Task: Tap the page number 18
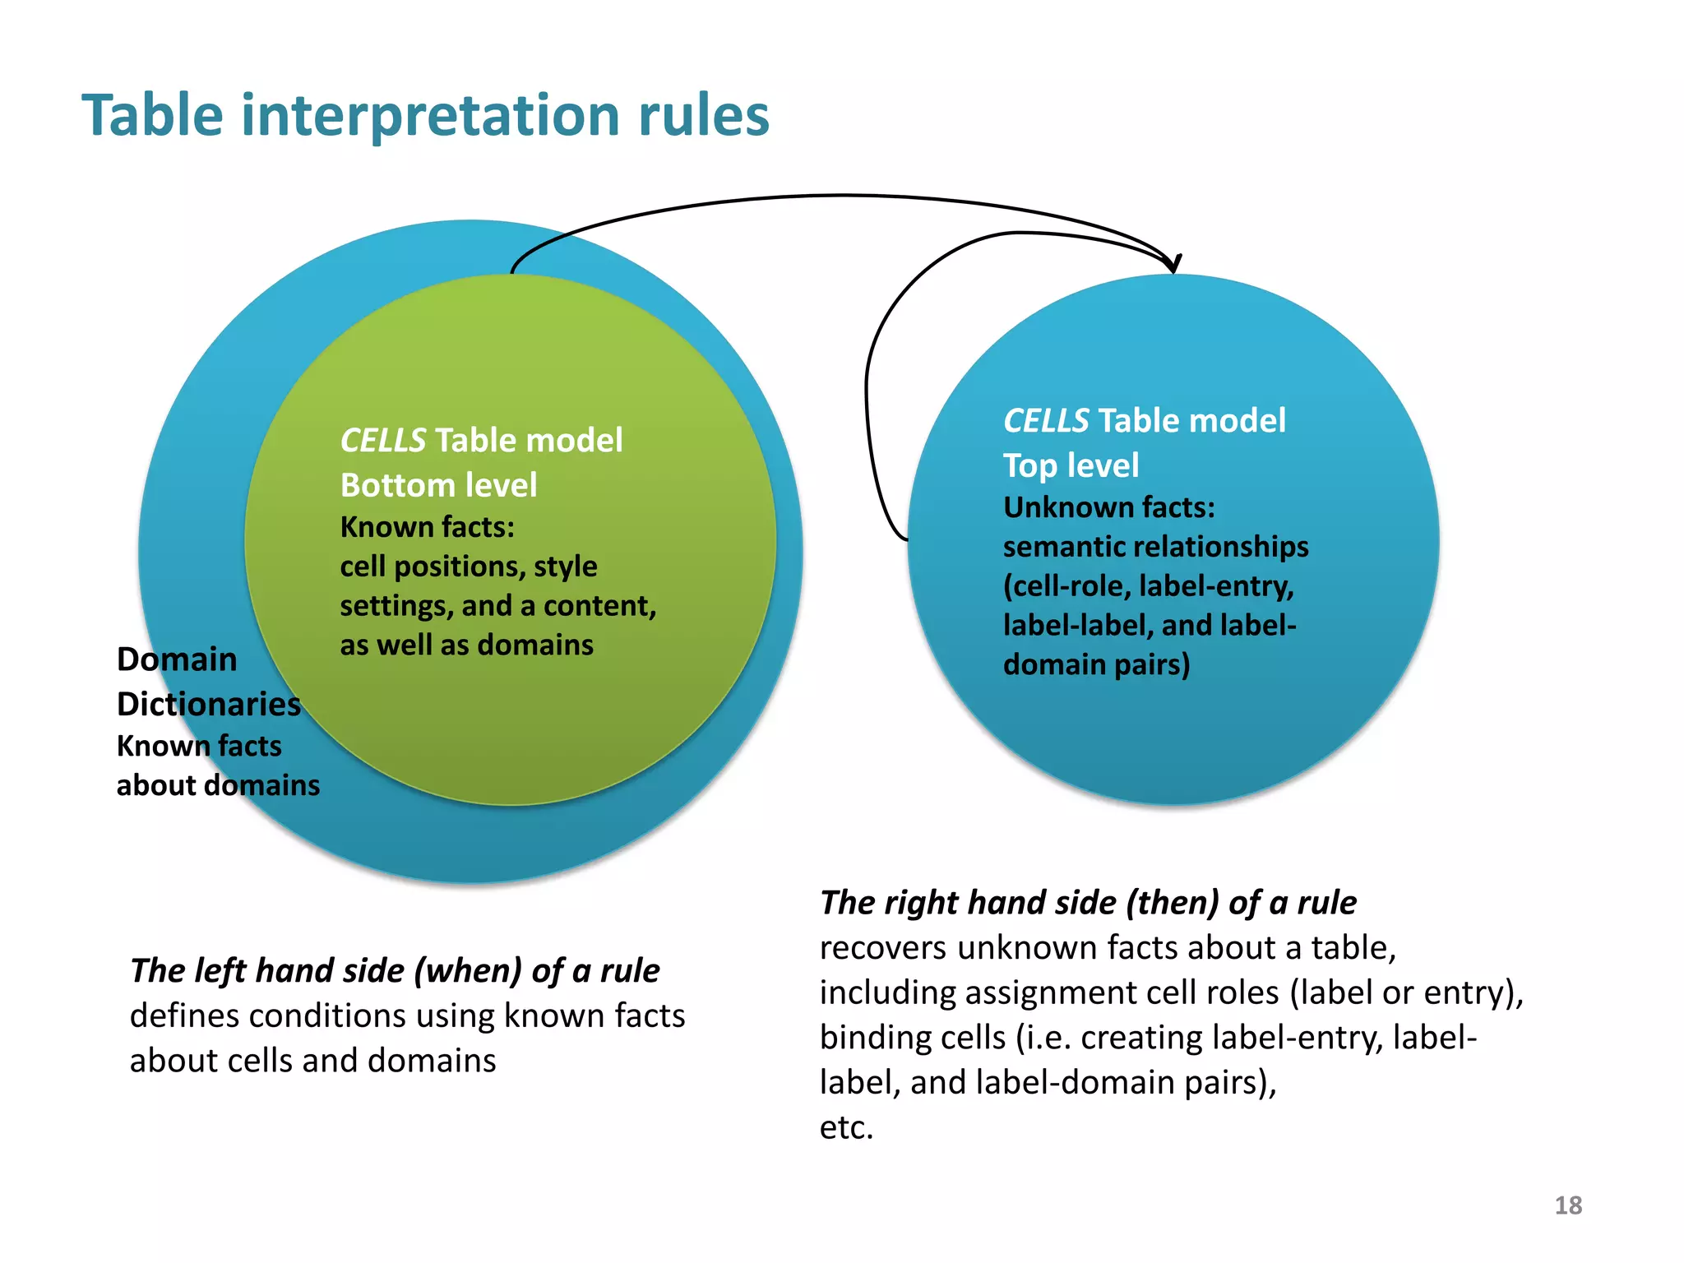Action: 1568,1205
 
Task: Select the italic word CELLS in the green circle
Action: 382,441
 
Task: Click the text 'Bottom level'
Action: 438,485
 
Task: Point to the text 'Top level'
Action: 1071,465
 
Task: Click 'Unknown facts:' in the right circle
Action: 1108,507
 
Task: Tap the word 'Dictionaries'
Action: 209,705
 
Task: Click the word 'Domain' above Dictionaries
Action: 177,659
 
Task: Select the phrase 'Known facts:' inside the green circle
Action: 427,527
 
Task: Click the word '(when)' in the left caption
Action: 468,971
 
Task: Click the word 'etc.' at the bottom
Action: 846,1127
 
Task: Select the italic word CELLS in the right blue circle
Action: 1046,421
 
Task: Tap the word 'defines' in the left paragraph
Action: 183,1016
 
